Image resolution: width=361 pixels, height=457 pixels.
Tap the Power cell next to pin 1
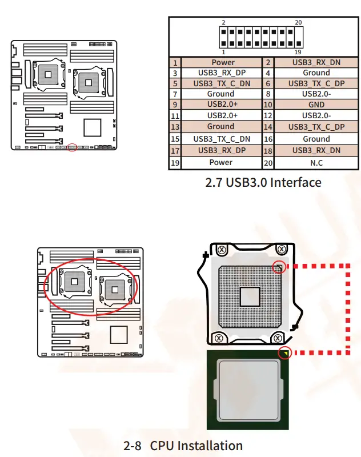(x=222, y=62)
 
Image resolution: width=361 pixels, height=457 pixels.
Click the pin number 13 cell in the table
(x=175, y=127)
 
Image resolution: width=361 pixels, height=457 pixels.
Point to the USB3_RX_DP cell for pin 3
(x=222, y=73)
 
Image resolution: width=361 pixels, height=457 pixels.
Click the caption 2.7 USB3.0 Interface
(x=263, y=182)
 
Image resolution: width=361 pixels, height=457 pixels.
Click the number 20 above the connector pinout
(x=298, y=23)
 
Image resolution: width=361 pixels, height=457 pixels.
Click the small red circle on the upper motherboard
(x=72, y=147)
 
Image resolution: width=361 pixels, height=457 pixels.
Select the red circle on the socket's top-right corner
(x=278, y=267)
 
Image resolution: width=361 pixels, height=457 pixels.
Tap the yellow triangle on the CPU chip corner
(x=284, y=354)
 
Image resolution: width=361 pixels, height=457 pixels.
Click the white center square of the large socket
(x=250, y=296)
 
